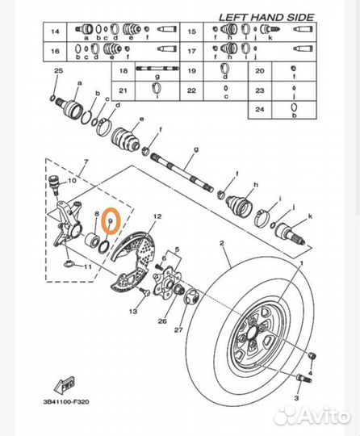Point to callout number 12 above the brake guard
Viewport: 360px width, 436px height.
157,216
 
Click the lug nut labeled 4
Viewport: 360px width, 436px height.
314,357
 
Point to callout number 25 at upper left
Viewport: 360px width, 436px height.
57,73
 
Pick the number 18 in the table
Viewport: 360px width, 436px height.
124,72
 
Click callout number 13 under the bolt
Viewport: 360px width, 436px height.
132,311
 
